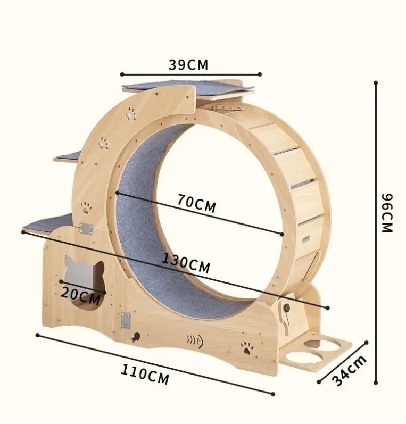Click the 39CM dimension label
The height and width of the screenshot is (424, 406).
click(188, 65)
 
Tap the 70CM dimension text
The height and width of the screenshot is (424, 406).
click(197, 204)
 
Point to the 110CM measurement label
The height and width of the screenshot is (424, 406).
click(144, 375)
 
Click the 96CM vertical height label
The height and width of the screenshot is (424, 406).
click(387, 212)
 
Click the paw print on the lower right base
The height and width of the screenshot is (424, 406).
click(246, 348)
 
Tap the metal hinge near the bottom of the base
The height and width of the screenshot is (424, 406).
click(126, 320)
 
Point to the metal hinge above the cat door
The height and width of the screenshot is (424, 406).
click(86, 229)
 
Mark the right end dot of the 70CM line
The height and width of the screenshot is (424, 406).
click(282, 234)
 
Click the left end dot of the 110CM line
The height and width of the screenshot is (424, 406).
click(37, 335)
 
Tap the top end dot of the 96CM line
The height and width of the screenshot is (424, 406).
click(376, 83)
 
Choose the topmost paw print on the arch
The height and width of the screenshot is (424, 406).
click(131, 113)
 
